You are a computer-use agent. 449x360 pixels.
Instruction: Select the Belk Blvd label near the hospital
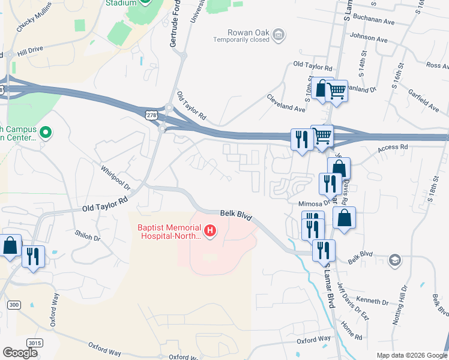[235, 213]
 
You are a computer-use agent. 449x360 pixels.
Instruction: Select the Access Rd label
[394, 146]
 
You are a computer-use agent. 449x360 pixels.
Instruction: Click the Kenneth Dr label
[368, 300]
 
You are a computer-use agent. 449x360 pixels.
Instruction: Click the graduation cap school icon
[395, 259]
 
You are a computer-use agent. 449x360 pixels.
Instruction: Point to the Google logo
[20, 352]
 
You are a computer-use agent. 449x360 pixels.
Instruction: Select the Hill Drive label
[31, 52]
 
